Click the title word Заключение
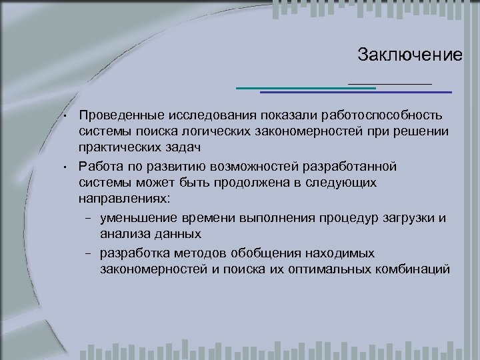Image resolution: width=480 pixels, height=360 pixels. tap(409, 54)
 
